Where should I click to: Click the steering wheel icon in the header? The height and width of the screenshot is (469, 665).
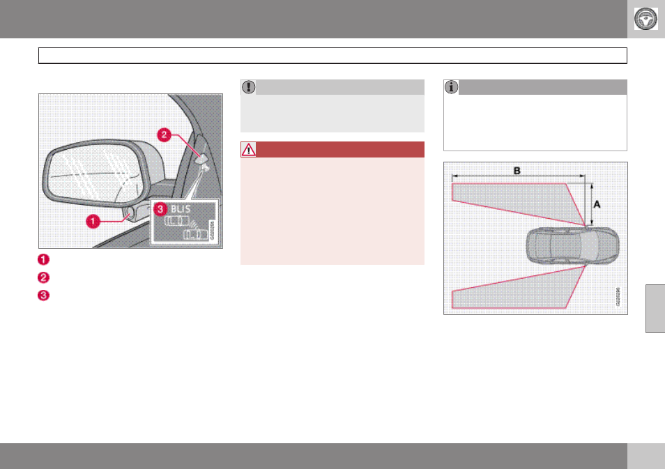click(x=646, y=19)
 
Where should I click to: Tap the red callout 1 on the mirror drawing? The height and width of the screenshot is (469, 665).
click(x=91, y=221)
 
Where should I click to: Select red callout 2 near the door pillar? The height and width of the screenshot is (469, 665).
click(x=165, y=135)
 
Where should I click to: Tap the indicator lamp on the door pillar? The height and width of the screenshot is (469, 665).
click(x=201, y=159)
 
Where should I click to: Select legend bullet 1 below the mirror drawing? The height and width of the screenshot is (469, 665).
click(x=43, y=259)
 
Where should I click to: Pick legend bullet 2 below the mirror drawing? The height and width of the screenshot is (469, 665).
click(x=43, y=276)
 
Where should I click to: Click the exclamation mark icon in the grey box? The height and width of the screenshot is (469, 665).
click(x=248, y=87)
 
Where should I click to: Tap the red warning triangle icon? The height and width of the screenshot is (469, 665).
click(x=248, y=149)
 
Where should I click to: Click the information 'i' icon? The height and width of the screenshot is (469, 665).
click(x=451, y=87)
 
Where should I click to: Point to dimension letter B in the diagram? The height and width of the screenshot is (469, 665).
click(x=517, y=170)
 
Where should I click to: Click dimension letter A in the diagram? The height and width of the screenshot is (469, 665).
click(x=597, y=203)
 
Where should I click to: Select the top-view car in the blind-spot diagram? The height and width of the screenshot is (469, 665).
click(x=571, y=245)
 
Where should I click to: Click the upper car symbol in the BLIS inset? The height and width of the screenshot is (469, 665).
click(x=175, y=222)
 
